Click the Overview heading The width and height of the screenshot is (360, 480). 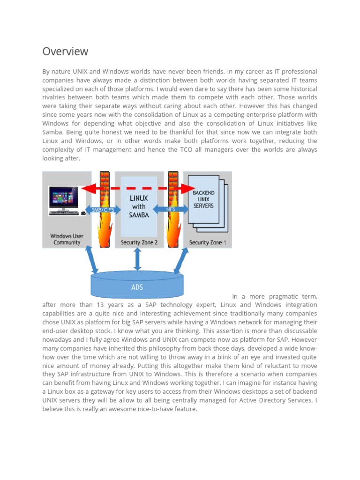(x=65, y=51)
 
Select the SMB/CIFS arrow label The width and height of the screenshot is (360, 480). (x=103, y=210)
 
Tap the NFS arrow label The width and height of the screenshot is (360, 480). (x=172, y=210)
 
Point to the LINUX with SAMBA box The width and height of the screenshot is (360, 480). (x=139, y=206)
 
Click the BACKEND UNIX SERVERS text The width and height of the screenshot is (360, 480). (x=203, y=199)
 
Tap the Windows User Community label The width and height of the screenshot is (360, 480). (x=67, y=239)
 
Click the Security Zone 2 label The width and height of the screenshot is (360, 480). (x=139, y=242)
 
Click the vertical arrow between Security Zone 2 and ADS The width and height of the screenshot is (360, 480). (x=137, y=260)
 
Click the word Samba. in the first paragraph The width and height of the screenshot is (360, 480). (x=52, y=132)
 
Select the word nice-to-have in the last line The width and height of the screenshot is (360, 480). (x=159, y=409)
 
